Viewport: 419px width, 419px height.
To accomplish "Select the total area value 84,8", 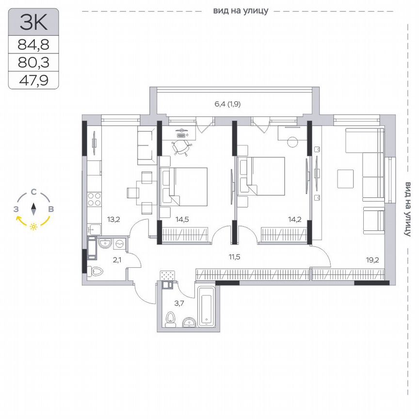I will [x=33, y=45].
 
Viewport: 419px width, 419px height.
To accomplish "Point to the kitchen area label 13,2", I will [x=113, y=219].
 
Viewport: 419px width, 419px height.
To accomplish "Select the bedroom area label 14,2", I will [x=294, y=219].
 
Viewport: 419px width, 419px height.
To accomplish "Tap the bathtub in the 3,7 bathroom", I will [x=207, y=307].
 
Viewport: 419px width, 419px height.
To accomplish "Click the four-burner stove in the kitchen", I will [x=94, y=200].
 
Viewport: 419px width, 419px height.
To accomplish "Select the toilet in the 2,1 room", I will [x=96, y=271].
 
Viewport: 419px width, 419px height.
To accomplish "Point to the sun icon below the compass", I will [x=33, y=226].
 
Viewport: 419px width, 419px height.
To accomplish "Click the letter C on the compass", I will [x=33, y=192].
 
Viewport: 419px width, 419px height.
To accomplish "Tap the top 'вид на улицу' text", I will [x=240, y=10].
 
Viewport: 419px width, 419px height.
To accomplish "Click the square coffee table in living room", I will [x=347, y=179].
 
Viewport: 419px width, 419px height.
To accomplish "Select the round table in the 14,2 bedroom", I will [x=292, y=142].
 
